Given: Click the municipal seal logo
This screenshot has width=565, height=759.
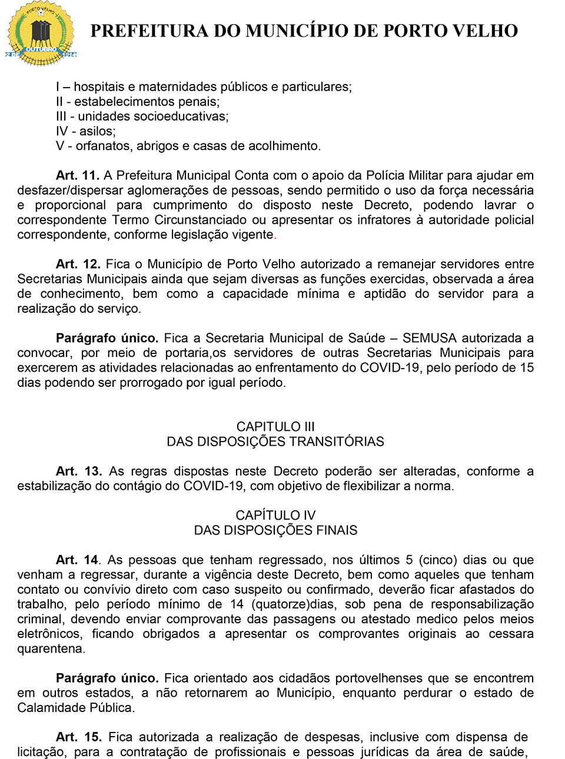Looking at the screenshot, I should point(41,34).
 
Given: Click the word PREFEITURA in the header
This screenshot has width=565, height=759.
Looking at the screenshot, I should point(149,31).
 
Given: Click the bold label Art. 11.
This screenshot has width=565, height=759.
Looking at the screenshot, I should point(78,175).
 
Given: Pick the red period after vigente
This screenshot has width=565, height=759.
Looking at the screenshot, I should point(275,235).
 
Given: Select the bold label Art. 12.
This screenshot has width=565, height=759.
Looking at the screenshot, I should point(78,264).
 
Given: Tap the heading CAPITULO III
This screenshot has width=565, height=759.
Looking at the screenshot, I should point(275,427).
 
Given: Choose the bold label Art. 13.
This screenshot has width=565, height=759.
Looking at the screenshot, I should point(79,472).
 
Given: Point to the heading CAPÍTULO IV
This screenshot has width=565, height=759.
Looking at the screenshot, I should point(275,516).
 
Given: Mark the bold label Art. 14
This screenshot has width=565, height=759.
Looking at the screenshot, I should point(78,560).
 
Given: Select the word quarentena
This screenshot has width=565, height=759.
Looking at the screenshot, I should point(51,648).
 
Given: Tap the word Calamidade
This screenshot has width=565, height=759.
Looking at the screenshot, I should point(48,708).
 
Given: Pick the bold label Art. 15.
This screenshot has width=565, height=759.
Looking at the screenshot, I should point(78,737).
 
